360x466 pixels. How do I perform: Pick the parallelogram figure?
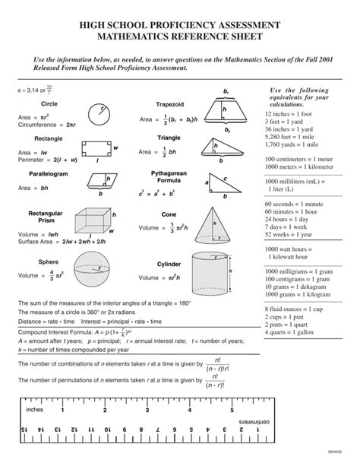(x=99, y=181)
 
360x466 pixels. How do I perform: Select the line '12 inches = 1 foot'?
(x=290, y=113)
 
